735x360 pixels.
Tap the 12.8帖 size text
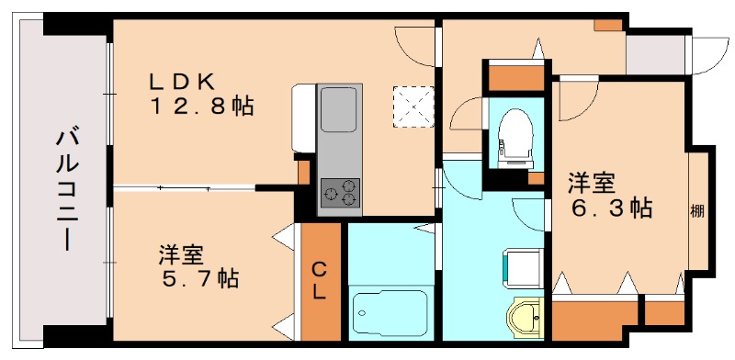click(x=203, y=106)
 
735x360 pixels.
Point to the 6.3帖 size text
click(x=610, y=207)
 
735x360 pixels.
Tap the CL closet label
click(x=320, y=281)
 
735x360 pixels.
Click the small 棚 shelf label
click(x=697, y=210)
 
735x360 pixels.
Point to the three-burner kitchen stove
click(x=340, y=194)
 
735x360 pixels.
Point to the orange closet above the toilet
click(x=515, y=75)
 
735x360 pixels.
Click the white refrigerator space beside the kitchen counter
click(x=303, y=115)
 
